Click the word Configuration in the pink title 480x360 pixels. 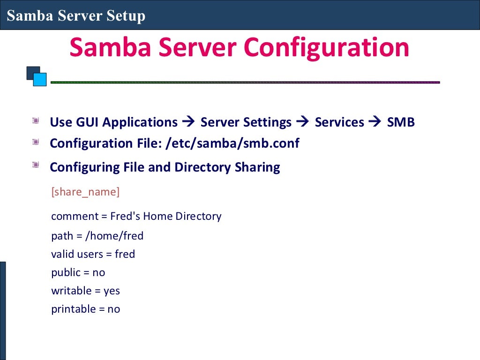(x=327, y=48)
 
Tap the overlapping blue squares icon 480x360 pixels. (x=37, y=76)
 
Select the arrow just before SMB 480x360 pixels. (x=375, y=122)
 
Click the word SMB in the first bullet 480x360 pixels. (x=401, y=122)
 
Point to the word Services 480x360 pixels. (x=339, y=122)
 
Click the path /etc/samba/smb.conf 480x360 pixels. (x=232, y=143)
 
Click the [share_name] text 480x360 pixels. (x=85, y=192)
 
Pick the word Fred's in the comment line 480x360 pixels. (x=125, y=216)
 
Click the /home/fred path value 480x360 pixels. (x=114, y=236)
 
